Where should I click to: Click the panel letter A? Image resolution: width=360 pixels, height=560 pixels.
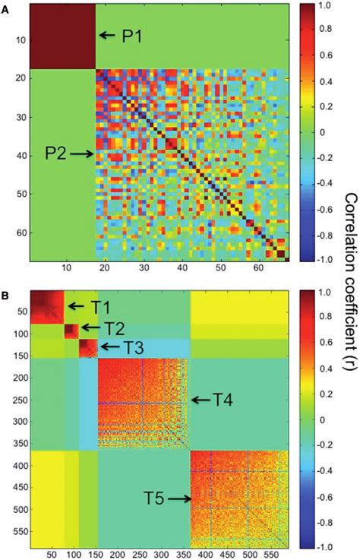[5, 6]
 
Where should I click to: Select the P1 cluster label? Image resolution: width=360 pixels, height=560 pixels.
[135, 35]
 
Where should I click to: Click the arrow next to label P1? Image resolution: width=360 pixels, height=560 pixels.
[109, 35]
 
